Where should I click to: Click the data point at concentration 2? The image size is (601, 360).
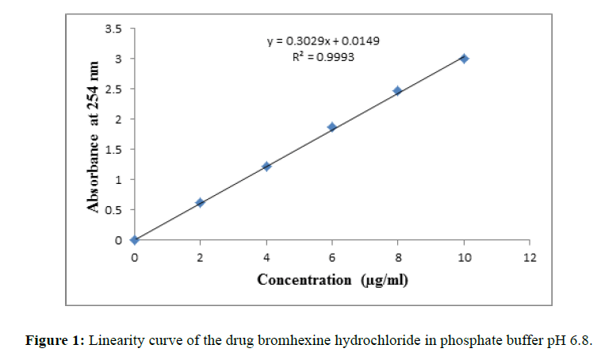[200, 203]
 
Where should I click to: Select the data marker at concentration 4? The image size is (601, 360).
[266, 167]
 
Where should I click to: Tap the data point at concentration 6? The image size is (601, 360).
[332, 127]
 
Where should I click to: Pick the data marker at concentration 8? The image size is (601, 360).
[397, 91]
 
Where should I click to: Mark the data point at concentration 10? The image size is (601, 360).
[464, 59]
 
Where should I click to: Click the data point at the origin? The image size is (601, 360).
[135, 239]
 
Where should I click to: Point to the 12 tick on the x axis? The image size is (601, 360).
[530, 256]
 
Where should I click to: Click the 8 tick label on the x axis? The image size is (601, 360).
[398, 256]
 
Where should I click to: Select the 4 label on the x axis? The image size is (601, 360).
[266, 256]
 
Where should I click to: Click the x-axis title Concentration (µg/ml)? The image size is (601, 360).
[332, 279]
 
